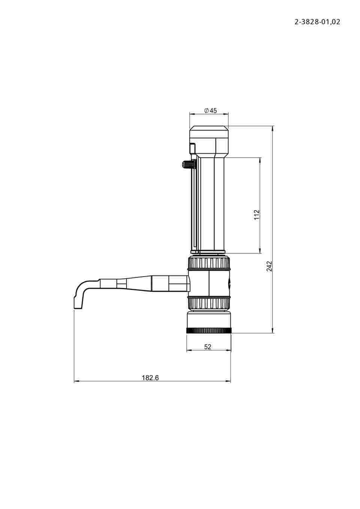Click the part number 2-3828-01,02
[x=317, y=22]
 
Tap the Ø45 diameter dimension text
[x=210, y=111]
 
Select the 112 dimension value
[x=256, y=214]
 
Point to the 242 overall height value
[x=269, y=266]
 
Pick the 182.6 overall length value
[x=150, y=378]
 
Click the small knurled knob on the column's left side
[x=187, y=164]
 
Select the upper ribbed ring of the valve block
[x=209, y=263]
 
